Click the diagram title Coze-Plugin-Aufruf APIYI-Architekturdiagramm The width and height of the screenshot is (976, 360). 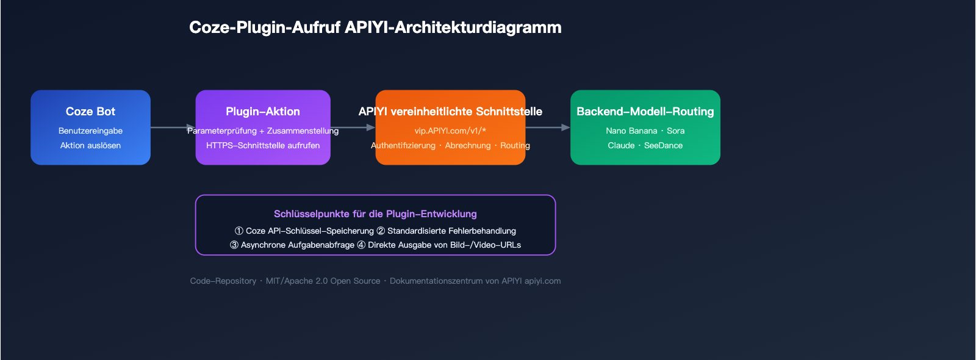coord(375,27)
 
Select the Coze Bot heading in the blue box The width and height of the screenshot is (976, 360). coord(90,112)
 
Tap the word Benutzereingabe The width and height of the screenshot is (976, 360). coord(90,131)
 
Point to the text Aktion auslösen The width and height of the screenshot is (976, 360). coord(90,145)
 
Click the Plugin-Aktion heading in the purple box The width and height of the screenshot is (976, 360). coord(263,112)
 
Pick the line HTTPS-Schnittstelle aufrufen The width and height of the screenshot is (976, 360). coord(263,145)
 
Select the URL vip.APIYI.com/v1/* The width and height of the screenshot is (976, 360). coord(450,131)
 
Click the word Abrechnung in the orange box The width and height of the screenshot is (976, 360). coord(468,145)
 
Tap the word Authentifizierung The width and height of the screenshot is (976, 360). coord(403,145)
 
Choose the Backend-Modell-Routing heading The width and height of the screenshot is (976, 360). coord(645,112)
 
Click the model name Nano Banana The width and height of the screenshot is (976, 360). coord(631,131)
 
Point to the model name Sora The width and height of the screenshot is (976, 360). coord(676,131)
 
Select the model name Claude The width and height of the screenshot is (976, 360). coord(621,145)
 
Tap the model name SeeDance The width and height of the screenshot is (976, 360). coord(663,145)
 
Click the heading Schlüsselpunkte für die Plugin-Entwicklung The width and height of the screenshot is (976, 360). coord(375,214)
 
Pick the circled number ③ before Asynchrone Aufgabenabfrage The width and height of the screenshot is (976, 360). coord(234,245)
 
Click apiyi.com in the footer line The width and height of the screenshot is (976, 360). coord(542,281)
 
